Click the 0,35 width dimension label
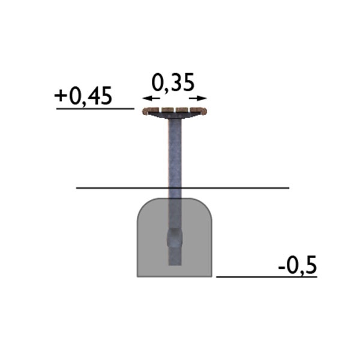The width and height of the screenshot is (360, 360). coord(173,83)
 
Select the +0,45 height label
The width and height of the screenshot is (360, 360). coord(83,96)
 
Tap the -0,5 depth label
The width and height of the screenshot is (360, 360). coord(298,265)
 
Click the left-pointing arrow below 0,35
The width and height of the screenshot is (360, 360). coord(151,98)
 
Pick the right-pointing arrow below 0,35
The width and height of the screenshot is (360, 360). coord(198,98)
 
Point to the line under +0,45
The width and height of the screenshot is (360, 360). coord(95,109)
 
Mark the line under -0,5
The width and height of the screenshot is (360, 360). coord(266,277)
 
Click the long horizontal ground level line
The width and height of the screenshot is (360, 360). coord(182,188)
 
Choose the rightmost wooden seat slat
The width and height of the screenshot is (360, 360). coord(199,111)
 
